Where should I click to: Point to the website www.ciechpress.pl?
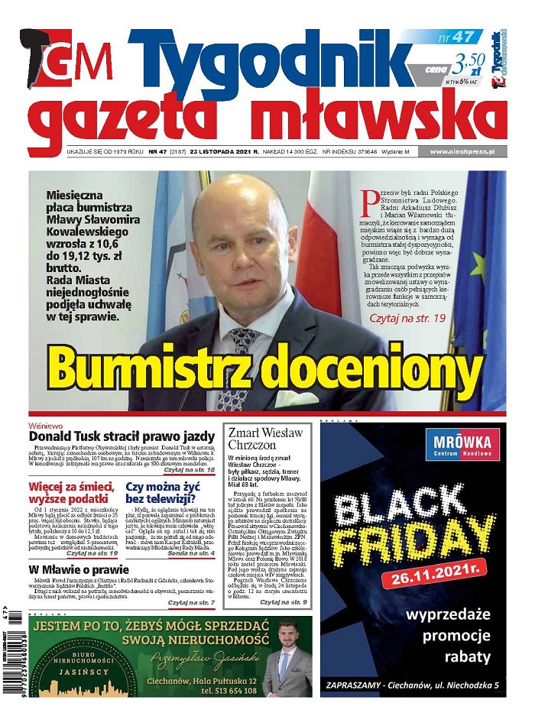[x=461, y=151]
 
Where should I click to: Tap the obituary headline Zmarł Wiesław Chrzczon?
[x=265, y=440]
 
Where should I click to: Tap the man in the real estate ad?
[x=286, y=661]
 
